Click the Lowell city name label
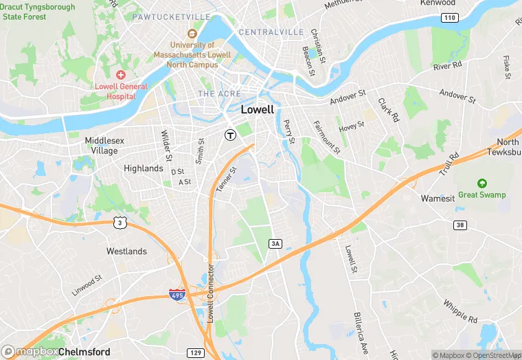(x=258, y=109)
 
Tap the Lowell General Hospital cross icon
(x=121, y=74)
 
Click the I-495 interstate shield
(x=177, y=295)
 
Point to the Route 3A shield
(x=275, y=243)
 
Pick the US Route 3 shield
(x=120, y=222)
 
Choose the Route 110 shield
(x=449, y=18)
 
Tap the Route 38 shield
(x=459, y=225)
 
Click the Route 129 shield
(x=196, y=352)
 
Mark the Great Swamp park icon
(x=482, y=183)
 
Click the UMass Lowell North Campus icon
(x=192, y=33)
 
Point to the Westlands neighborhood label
(x=126, y=251)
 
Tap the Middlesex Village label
(x=104, y=146)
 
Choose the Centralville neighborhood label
(x=271, y=32)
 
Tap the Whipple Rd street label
(x=460, y=311)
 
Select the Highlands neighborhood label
(x=144, y=168)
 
